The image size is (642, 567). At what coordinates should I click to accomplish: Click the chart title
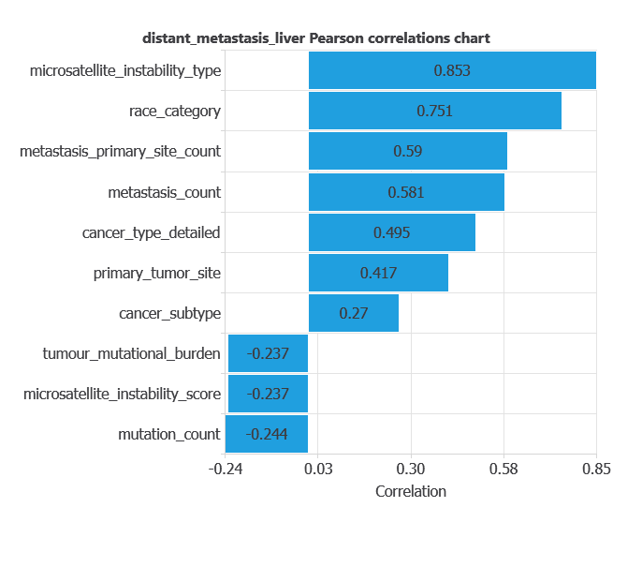[316, 38]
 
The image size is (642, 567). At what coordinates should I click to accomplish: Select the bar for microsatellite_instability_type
[452, 70]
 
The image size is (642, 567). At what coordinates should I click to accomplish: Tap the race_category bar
[435, 111]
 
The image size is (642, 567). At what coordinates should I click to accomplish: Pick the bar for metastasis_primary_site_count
[408, 151]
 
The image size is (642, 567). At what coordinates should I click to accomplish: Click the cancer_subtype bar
[354, 313]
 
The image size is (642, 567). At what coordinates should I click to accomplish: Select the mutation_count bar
[268, 434]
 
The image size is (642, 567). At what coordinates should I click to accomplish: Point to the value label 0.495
[392, 232]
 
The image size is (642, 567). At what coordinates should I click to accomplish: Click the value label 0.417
[378, 273]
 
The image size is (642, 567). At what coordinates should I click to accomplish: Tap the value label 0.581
[406, 192]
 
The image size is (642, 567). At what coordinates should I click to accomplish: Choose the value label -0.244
[268, 434]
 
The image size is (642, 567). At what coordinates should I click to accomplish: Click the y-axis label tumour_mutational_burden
[131, 353]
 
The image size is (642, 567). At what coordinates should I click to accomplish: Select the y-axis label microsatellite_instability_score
[122, 394]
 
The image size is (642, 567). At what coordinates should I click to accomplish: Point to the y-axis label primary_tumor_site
[156, 273]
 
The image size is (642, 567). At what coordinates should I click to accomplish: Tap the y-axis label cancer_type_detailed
[151, 232]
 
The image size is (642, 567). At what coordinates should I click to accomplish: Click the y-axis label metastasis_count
[164, 192]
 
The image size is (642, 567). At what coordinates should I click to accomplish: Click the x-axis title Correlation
[410, 491]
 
